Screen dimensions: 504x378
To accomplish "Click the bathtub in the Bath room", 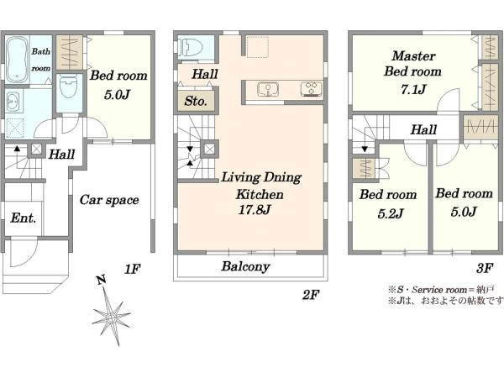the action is [18, 60].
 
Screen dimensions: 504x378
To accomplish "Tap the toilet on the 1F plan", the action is [69, 87].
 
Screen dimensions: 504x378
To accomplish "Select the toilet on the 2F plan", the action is [192, 47].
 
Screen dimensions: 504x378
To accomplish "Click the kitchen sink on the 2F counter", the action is [268, 89].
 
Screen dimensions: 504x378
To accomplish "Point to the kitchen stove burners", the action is [311, 89].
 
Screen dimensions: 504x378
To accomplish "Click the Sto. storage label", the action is [196, 102].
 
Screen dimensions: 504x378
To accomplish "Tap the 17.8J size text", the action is [255, 210].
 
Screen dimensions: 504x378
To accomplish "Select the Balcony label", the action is [245, 266].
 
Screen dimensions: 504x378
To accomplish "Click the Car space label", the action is [109, 200].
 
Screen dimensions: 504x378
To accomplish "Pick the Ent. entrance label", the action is [24, 218].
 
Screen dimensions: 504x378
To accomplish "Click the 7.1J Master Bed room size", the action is [413, 89].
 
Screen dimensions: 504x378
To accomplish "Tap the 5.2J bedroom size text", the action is [391, 213].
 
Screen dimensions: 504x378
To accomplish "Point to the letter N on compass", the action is [102, 281].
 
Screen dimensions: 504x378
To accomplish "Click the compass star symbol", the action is [111, 317].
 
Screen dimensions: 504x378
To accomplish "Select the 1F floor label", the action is [133, 269].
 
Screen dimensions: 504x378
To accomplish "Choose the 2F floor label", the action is [311, 295].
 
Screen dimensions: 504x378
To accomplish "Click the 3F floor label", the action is [485, 267].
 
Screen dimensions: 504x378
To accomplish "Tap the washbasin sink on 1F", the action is [13, 102].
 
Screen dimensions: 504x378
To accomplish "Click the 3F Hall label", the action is [423, 130].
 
